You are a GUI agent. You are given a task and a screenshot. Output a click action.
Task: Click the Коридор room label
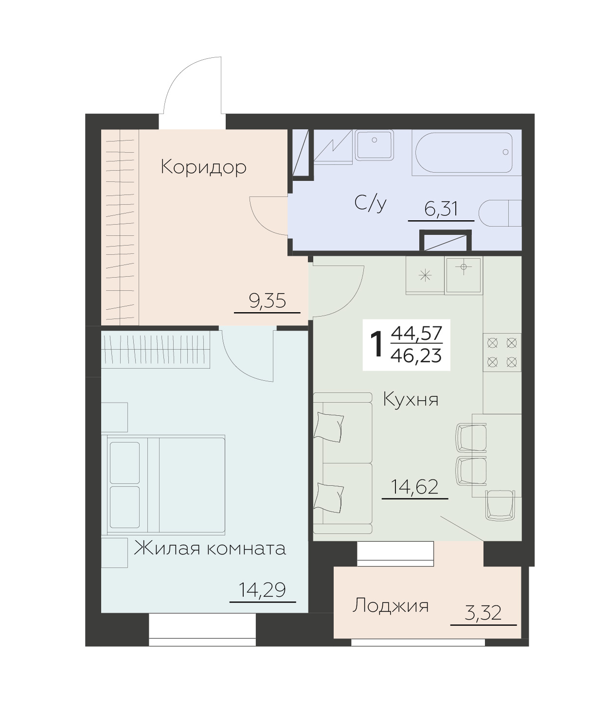tap(204, 167)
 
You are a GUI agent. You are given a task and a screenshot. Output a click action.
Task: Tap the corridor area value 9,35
tap(267, 301)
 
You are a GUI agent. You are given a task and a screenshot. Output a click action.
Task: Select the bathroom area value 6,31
tap(441, 210)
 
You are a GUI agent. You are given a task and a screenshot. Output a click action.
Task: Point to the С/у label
tap(370, 204)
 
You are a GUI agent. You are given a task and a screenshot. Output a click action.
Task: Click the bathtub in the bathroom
tap(463, 152)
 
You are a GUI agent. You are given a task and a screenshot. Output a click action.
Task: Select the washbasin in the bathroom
tap(374, 145)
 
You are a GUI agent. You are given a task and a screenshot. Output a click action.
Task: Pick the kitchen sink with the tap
tap(464, 276)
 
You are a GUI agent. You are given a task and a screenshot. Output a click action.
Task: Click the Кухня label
tap(411, 400)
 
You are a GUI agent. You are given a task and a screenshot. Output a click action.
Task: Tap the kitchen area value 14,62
tap(415, 487)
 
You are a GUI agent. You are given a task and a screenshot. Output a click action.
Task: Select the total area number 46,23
tap(416, 356)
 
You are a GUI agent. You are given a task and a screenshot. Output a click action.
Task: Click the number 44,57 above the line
tap(416, 334)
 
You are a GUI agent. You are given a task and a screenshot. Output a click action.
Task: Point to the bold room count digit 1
tap(376, 345)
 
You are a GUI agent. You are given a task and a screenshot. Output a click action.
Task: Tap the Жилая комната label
tap(210, 549)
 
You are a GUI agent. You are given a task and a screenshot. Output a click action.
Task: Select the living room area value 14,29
tap(262, 590)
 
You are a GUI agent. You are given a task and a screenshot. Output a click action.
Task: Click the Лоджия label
tap(391, 606)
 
